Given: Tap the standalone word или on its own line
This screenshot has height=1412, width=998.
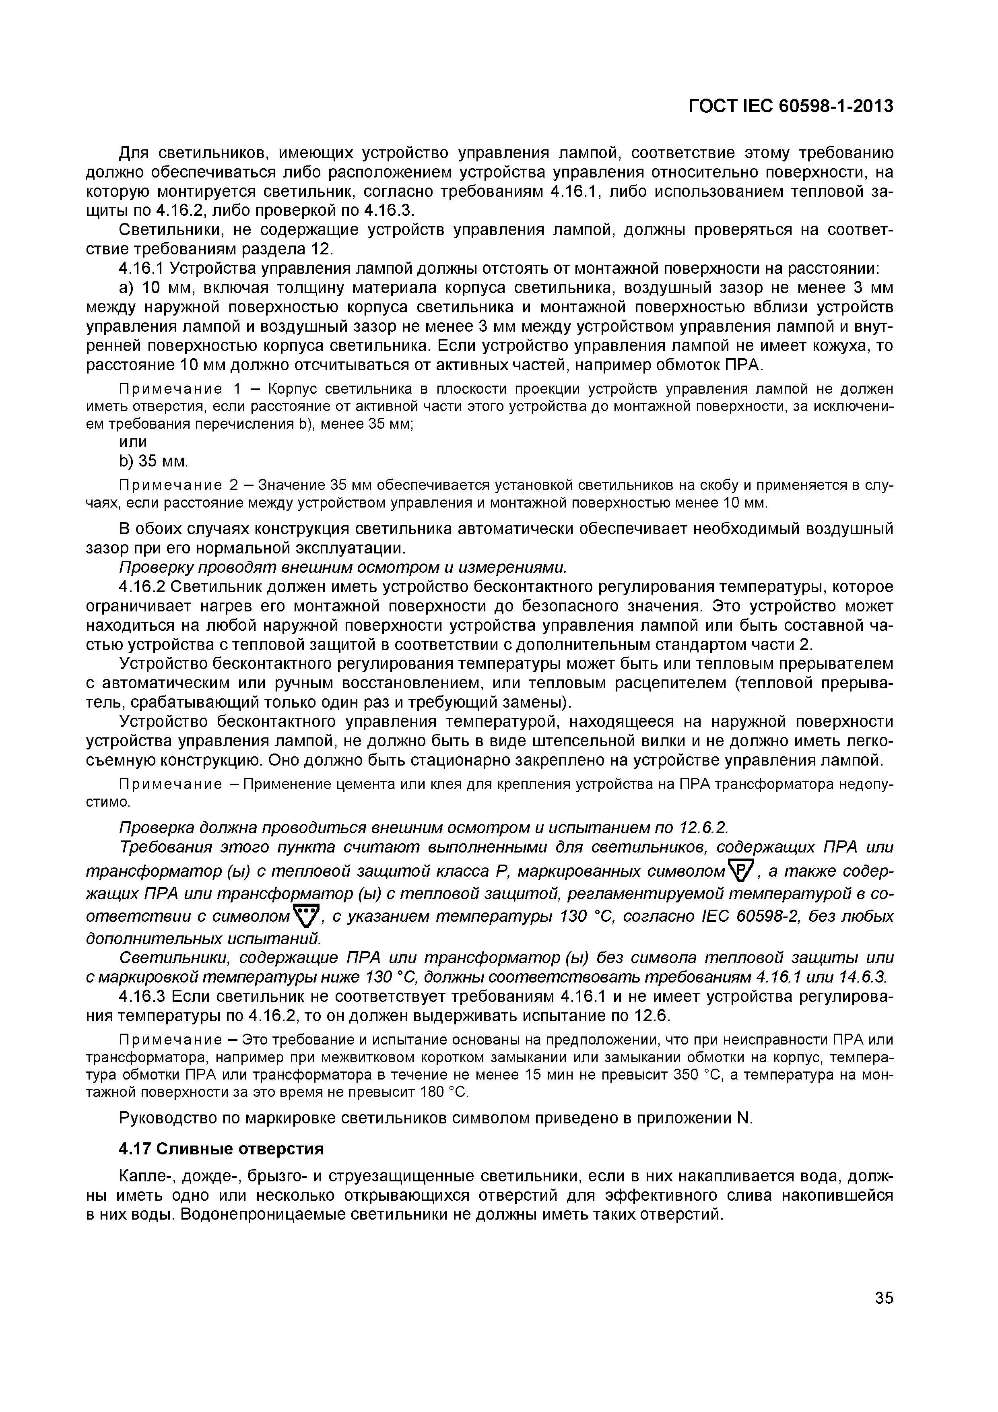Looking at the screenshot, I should [133, 442].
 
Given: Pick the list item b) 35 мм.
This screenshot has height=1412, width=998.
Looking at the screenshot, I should [153, 461].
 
